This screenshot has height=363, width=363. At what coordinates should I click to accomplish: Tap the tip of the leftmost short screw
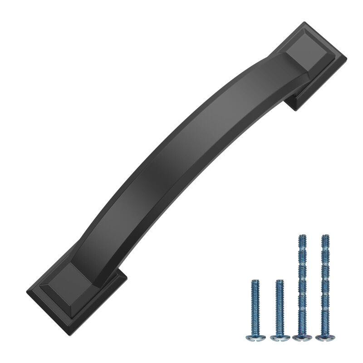(255, 281)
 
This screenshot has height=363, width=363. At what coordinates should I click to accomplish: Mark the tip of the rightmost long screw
(325, 235)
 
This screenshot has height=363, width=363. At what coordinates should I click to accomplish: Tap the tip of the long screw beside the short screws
(302, 235)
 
